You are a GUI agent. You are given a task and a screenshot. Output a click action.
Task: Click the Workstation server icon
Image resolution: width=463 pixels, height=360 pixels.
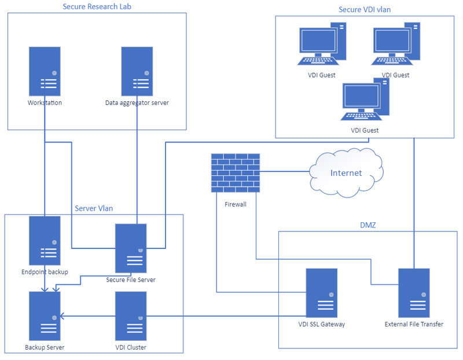[45, 71]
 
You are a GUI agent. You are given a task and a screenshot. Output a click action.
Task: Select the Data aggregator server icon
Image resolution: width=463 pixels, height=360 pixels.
[137, 71]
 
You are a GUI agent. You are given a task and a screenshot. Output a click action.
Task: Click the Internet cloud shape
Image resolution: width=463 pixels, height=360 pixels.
[346, 172]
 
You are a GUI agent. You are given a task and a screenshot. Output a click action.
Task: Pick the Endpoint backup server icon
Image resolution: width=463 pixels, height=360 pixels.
[45, 241]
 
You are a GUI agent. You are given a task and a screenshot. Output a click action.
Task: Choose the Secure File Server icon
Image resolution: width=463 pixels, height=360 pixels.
[131, 248]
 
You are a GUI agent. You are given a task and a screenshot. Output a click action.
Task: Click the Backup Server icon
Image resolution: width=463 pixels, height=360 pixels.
[45, 316]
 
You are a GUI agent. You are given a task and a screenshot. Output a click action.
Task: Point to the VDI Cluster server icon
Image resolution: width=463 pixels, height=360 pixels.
[131, 316]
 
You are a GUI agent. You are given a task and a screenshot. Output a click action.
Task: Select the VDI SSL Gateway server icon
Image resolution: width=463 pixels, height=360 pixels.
[322, 293]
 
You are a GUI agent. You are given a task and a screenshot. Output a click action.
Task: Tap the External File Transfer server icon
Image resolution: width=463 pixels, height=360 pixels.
[413, 293]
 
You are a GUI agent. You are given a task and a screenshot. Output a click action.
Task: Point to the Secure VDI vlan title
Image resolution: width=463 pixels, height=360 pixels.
[365, 9]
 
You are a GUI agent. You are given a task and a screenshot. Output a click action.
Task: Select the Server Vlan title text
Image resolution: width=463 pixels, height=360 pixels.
[94, 208]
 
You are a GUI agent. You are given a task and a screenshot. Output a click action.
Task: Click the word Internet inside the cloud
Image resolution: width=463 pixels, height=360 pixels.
[346, 173]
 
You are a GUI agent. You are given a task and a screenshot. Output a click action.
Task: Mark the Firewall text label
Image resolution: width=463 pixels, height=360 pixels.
[235, 204]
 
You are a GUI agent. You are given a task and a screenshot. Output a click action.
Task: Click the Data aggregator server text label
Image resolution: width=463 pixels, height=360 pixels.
[137, 103]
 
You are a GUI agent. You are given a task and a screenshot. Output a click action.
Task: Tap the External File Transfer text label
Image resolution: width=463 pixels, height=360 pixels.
[413, 324]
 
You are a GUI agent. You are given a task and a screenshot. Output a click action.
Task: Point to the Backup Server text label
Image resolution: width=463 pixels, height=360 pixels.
[45, 347]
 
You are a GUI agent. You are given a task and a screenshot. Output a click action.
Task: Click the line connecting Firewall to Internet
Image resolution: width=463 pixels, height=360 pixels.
[285, 171]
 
